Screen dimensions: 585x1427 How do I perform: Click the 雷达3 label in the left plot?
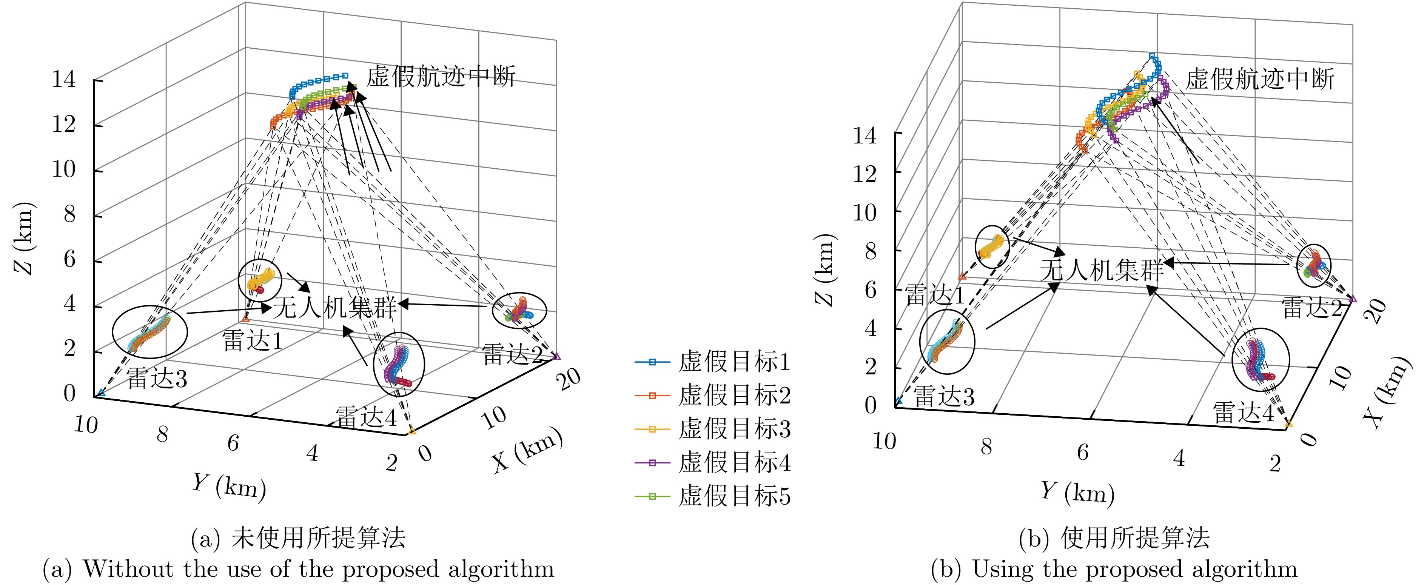coord(157,379)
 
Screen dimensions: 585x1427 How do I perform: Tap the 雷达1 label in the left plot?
coord(253,341)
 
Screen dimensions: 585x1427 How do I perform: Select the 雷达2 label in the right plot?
coord(1312,308)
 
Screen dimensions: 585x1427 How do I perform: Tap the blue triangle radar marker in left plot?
coord(101,393)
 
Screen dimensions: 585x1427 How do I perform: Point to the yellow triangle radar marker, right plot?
coord(1288,424)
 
